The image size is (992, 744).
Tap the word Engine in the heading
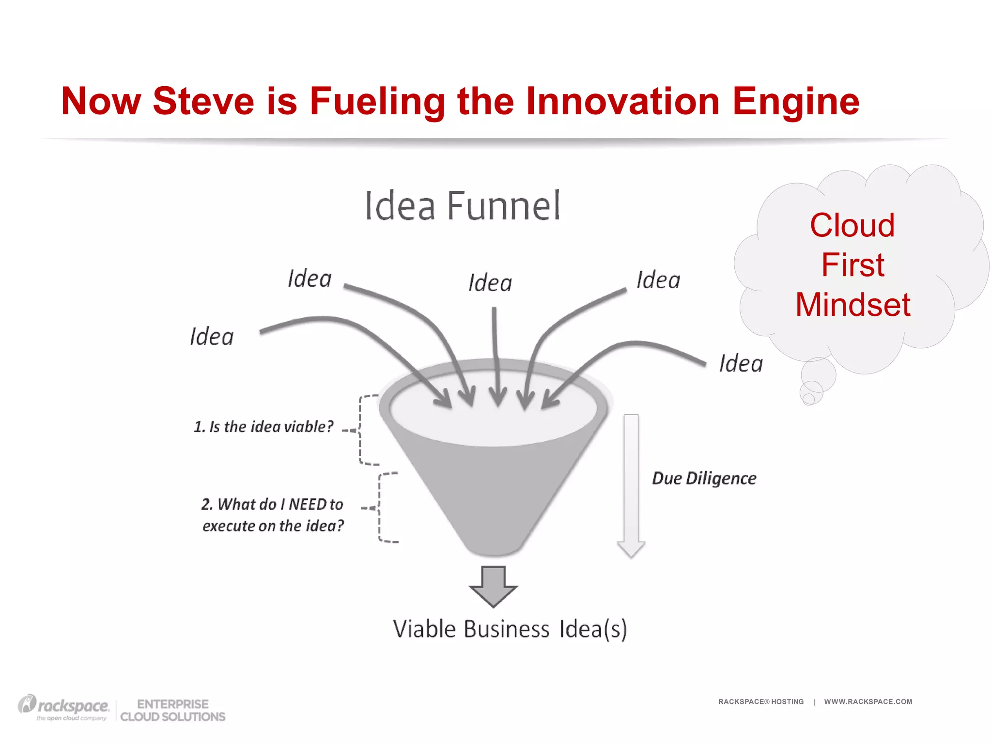point(795,102)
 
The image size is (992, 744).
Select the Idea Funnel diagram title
point(462,206)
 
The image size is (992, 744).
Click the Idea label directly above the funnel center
point(490,283)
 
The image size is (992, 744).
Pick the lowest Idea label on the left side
point(212,337)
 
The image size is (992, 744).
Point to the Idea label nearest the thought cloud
point(741,364)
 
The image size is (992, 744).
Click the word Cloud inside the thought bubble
point(852,225)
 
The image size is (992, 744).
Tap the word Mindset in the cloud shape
point(852,305)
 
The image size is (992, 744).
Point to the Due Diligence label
point(703,479)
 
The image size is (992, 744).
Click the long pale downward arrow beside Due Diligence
point(631,484)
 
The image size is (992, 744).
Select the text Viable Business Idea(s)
point(510,629)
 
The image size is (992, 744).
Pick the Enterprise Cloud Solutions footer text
point(172,711)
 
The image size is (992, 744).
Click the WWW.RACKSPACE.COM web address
point(868,701)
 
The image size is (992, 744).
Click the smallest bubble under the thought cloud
point(808,399)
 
